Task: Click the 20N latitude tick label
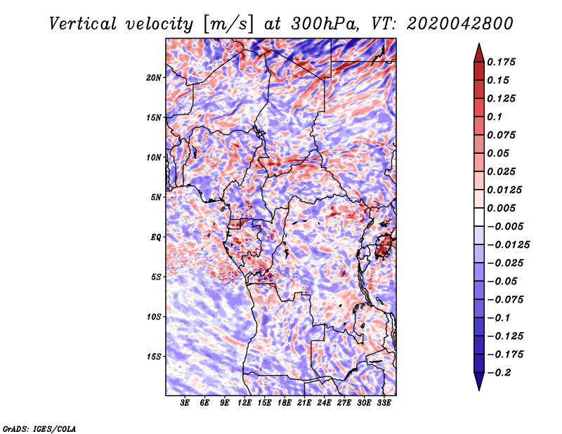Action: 154,77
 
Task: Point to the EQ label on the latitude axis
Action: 156,237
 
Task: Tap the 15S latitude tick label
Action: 154,357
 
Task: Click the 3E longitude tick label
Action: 185,403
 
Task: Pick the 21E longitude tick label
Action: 304,403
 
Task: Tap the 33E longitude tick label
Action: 384,403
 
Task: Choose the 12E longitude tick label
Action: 244,403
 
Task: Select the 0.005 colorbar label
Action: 504,208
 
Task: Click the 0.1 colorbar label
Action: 496,117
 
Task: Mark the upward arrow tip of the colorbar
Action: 478,45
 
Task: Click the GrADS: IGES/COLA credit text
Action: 39,428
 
